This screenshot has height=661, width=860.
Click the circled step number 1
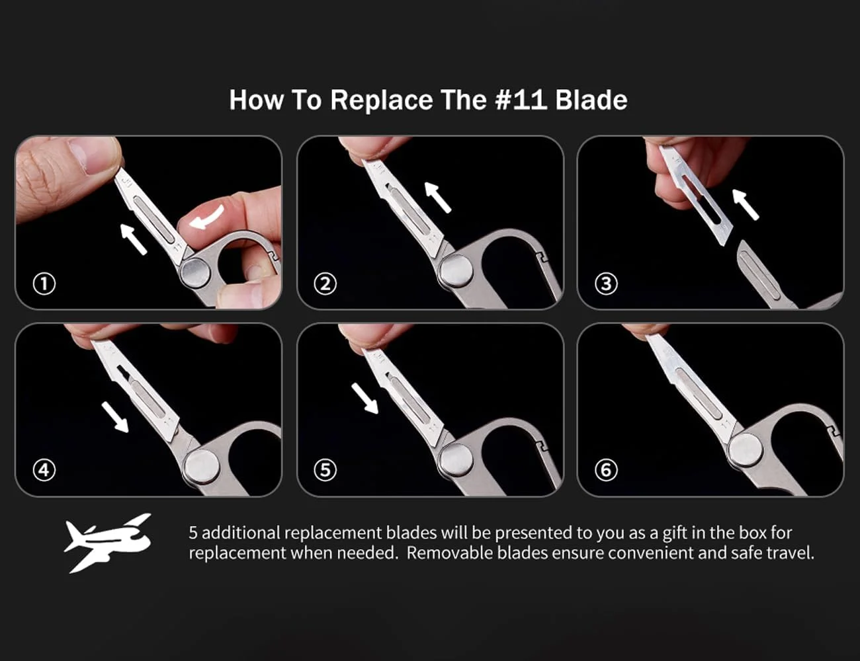click(x=44, y=284)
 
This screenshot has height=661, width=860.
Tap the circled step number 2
click(x=325, y=284)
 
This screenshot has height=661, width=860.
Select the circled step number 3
click(x=606, y=284)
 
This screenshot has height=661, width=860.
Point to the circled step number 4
click(x=44, y=470)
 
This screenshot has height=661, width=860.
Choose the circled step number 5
click(x=325, y=470)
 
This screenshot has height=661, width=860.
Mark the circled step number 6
click(x=606, y=470)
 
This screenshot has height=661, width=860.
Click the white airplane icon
click(x=108, y=543)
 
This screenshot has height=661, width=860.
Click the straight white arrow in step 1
click(x=133, y=239)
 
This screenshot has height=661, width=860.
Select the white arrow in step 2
click(x=437, y=197)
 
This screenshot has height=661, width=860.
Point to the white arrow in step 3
click(x=746, y=204)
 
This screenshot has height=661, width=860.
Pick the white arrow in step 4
click(x=115, y=418)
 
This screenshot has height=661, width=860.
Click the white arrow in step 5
click(x=365, y=399)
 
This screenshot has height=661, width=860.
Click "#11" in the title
click(x=521, y=100)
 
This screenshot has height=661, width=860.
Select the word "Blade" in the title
click(x=591, y=100)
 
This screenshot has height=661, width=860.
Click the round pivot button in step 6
click(x=746, y=451)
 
